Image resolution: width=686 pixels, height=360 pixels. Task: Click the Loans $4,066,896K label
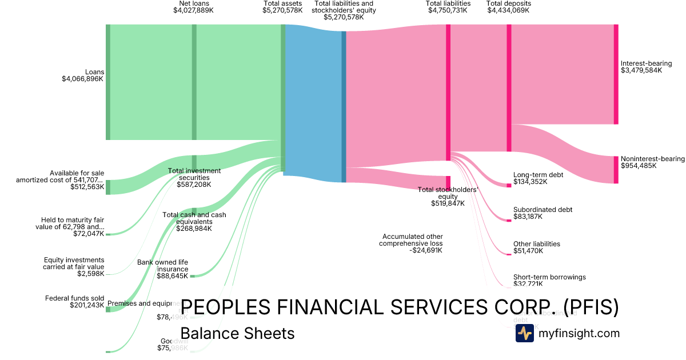click(x=83, y=75)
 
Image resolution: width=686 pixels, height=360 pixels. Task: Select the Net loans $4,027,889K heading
click(x=194, y=7)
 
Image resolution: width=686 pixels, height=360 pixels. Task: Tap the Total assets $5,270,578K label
click(x=282, y=7)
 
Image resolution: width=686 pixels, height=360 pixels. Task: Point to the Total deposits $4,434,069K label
click(x=508, y=7)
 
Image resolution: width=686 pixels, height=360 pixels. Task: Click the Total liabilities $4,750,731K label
click(x=448, y=7)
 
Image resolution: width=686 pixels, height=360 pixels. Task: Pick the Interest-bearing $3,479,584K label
click(x=646, y=67)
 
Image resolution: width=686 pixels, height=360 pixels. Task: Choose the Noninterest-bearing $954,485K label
click(x=652, y=162)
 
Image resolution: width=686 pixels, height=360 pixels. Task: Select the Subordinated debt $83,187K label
click(x=543, y=213)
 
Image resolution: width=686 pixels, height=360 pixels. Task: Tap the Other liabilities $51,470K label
click(x=536, y=247)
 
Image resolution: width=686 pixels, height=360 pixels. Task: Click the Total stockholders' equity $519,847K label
click(x=448, y=197)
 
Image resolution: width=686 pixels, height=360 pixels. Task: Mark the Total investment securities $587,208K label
click(x=194, y=178)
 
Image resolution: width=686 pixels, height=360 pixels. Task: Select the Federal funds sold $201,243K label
click(x=75, y=302)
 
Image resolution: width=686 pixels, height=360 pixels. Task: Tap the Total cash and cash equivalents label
click(x=194, y=222)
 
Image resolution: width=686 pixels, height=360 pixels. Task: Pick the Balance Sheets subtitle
click(x=237, y=333)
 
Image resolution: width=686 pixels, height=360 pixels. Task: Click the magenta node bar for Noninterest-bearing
click(x=616, y=170)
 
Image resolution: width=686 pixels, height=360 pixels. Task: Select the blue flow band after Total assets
click(x=313, y=103)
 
